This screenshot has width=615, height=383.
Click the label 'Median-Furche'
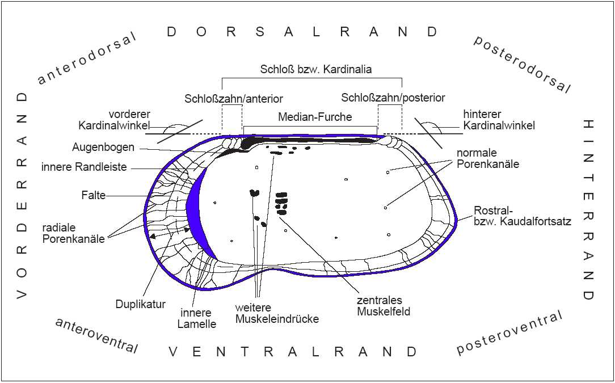pos(315,117)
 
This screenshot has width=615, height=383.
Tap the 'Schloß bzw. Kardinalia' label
pos(316,69)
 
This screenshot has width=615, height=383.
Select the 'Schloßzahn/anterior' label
pos(234,99)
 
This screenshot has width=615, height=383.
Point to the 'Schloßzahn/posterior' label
pos(393,98)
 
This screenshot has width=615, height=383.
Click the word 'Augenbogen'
pos(103,147)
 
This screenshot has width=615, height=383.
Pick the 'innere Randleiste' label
pos(84,167)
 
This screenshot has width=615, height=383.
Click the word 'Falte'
pos(94,195)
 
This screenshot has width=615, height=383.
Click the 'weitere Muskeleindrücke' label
pos(277,313)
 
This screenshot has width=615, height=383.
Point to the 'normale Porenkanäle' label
pos(488,158)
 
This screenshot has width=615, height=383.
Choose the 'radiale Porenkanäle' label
pos(73,233)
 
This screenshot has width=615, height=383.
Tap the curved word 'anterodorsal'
pos(86,58)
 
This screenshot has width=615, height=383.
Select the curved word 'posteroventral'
pos(511,332)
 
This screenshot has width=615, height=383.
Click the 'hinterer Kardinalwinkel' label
pos(499,120)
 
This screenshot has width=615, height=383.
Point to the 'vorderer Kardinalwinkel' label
pos(115,120)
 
